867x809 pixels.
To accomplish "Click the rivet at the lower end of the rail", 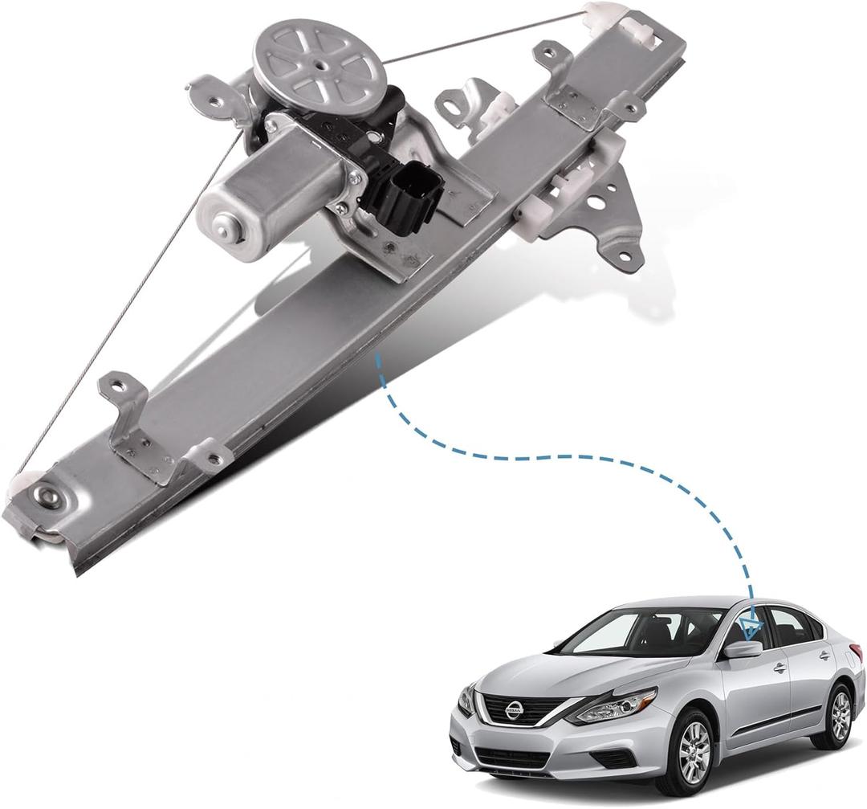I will (46, 496).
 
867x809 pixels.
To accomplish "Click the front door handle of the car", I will (779, 667).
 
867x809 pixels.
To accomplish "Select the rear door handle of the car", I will (824, 655).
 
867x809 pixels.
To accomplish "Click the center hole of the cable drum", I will (309, 60).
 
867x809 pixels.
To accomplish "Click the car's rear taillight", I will (856, 655).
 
